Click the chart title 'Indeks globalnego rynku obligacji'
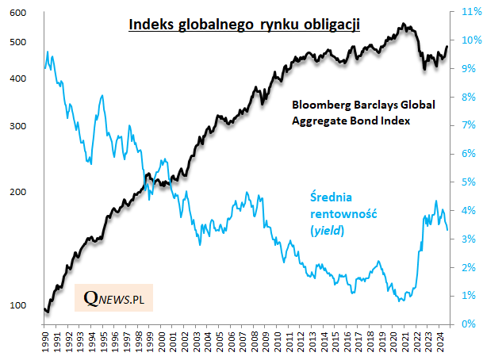pyautogui.click(x=245, y=25)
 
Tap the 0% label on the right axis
pyautogui.click(x=468, y=324)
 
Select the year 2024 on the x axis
pyautogui.click(x=438, y=343)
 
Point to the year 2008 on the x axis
pyautogui.click(x=253, y=343)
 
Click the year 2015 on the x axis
pyautogui.click(x=334, y=343)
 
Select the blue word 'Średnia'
pyautogui.click(x=329, y=197)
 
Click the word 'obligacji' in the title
pyautogui.click(x=332, y=25)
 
